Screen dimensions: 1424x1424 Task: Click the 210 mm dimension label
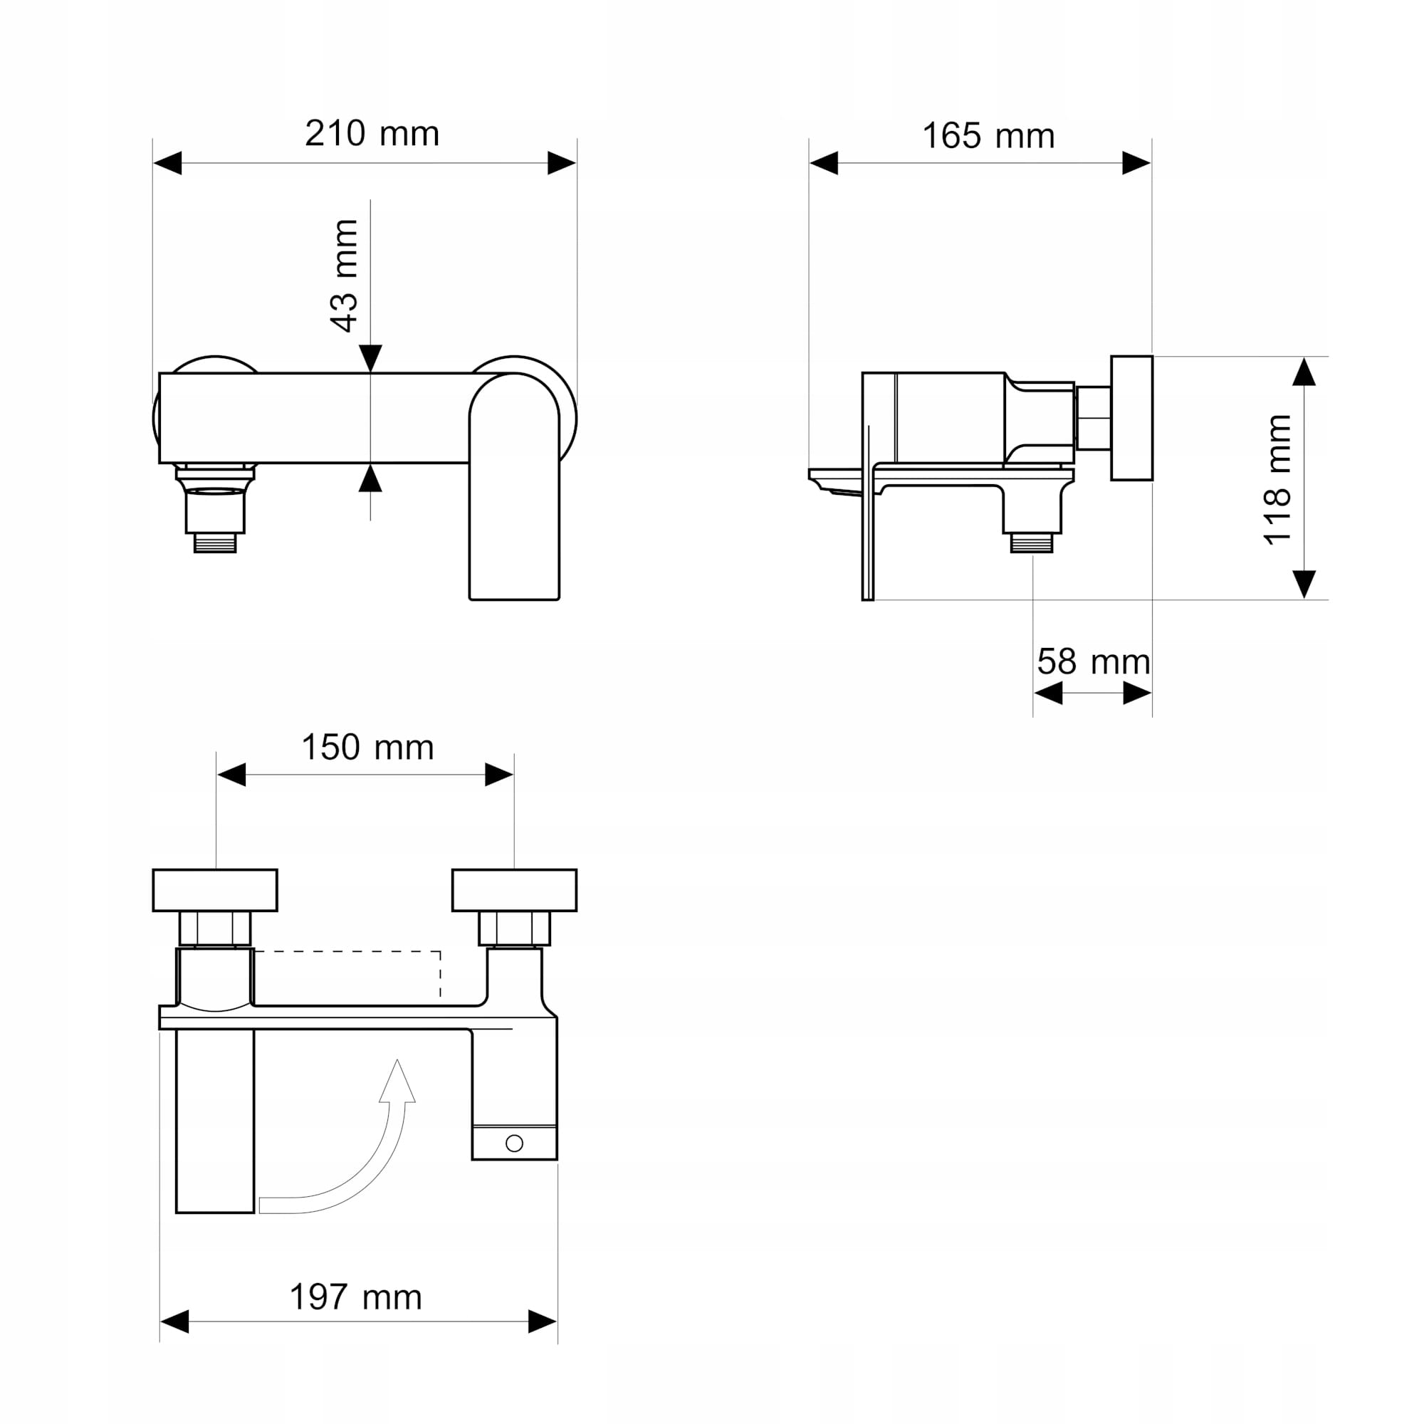(372, 133)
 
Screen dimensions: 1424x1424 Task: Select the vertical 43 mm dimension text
(344, 276)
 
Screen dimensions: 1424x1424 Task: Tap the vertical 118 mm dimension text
(1277, 480)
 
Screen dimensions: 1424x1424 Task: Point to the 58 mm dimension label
(1094, 662)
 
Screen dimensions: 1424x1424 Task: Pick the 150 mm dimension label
(368, 748)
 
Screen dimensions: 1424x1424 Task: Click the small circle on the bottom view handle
(515, 1143)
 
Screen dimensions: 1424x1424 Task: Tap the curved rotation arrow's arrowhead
(397, 1082)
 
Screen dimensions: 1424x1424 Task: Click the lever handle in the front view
(515, 486)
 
